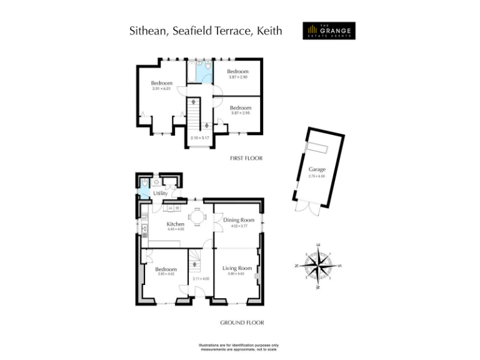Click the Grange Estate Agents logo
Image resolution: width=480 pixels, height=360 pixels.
pos(328,31)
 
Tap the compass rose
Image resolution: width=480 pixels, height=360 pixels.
pos(319,265)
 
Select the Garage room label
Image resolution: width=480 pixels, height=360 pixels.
pos(317,169)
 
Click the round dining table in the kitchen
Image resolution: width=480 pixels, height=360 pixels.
pos(197,216)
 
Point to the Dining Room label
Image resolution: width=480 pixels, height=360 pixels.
pos(239,220)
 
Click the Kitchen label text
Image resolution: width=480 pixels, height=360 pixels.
pos(175,224)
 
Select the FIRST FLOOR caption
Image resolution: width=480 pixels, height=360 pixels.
pos(247,158)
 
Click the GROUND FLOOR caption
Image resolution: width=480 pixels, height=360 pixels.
pos(242,323)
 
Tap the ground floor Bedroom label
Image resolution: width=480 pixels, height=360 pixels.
pos(166,269)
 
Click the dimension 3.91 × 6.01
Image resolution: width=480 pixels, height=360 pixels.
pos(161,89)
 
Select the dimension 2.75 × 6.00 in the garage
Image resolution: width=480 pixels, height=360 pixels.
pos(317,176)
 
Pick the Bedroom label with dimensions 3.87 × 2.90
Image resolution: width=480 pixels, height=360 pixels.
pos(237,71)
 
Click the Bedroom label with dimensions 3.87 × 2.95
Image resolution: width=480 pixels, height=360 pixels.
pos(241,107)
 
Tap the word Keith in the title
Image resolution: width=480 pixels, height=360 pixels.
pos(269,30)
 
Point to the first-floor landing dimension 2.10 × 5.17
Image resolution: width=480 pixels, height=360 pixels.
pos(199,137)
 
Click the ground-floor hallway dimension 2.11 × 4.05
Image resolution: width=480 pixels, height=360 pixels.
pos(201,279)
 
